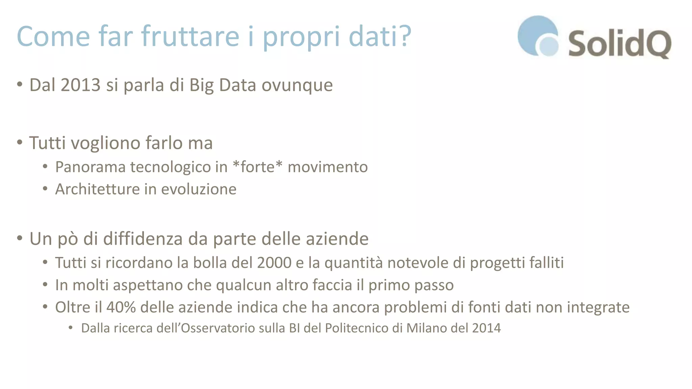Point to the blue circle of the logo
click(536, 34)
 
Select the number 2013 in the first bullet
click(81, 85)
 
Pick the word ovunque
click(297, 85)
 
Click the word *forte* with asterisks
click(257, 167)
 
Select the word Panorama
click(91, 167)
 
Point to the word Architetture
click(97, 189)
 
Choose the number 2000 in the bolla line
click(274, 263)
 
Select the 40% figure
click(121, 307)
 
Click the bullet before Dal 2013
click(20, 84)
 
